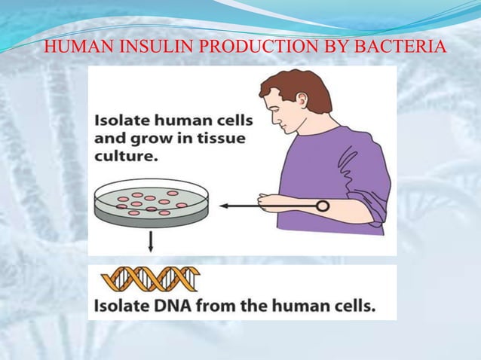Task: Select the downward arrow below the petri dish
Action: click(x=151, y=240)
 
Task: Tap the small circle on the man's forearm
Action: click(x=322, y=205)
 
